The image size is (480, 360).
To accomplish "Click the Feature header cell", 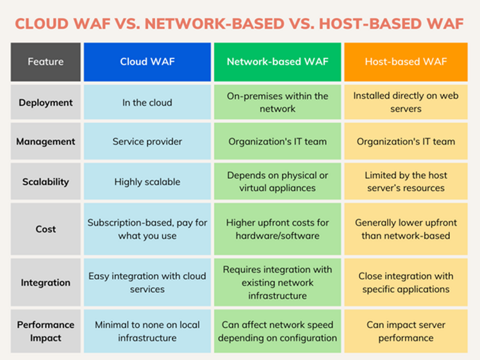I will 46,61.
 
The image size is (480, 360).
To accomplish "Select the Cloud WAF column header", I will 147,61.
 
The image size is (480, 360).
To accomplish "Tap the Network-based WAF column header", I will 277,61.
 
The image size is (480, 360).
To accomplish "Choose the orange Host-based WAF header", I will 406,61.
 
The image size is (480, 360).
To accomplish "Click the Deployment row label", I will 46,102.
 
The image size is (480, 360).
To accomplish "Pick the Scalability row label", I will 46,182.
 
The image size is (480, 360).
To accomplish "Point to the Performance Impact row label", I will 46,331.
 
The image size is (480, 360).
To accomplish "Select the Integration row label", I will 46,282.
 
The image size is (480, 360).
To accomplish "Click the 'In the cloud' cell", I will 147,102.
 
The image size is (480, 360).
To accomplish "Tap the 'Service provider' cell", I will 147,142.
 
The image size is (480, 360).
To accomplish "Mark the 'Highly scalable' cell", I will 147,182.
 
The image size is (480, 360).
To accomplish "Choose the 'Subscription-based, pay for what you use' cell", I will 147,229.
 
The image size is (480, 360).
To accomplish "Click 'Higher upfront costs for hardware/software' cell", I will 277,229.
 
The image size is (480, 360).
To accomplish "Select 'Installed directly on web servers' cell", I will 406,102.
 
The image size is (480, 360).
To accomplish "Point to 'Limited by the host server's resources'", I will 406,182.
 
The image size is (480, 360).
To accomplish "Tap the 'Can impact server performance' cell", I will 406,331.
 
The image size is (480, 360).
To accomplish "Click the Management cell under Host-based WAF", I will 406,142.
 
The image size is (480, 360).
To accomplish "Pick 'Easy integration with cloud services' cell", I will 147,282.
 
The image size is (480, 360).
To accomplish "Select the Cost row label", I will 46,229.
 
